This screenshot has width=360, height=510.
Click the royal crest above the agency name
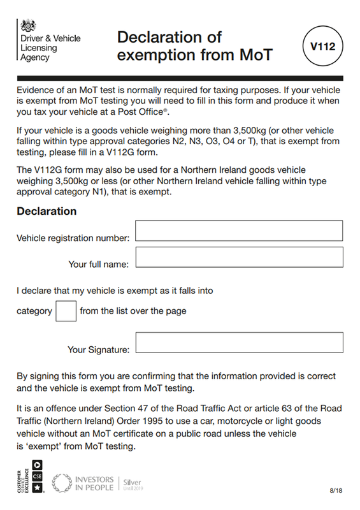[x=28, y=26]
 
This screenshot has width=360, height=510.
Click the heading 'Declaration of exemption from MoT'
[x=195, y=46]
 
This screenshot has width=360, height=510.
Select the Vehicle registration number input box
[x=239, y=231]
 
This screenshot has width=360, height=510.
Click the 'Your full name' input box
[x=239, y=258]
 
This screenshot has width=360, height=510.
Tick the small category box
[x=66, y=311]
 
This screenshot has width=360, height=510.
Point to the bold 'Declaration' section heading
[x=47, y=211]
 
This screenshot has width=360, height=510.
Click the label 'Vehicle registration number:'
[x=73, y=238]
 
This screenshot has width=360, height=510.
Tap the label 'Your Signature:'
[x=98, y=350]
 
